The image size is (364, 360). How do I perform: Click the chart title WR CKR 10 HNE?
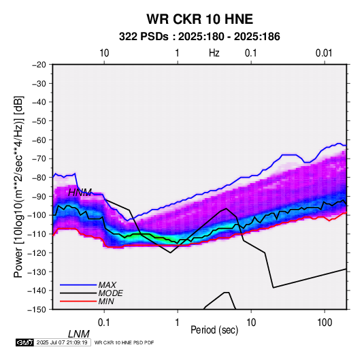pyautogui.click(x=199, y=19)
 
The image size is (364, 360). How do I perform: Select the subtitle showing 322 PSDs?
pyautogui.click(x=199, y=37)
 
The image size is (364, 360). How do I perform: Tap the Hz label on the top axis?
pyautogui.click(x=214, y=53)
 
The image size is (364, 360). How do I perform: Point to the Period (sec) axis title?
pyautogui.click(x=214, y=330)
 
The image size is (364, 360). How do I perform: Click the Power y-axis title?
pyautogui.click(x=18, y=186)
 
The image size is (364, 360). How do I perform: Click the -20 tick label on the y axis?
pyautogui.click(x=39, y=65)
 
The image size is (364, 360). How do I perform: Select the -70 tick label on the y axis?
pyautogui.click(x=39, y=159)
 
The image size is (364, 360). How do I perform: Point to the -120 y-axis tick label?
pyautogui.click(x=37, y=253)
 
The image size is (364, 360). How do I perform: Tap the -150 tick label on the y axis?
pyautogui.click(x=37, y=310)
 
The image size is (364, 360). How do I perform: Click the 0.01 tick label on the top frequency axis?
pyautogui.click(x=324, y=53)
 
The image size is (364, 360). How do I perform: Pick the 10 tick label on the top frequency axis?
pyautogui.click(x=104, y=53)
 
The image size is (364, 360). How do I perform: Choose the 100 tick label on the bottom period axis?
pyautogui.click(x=325, y=323)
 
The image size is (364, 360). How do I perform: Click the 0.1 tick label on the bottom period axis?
pyautogui.click(x=104, y=323)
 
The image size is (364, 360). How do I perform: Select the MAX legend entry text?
pyautogui.click(x=107, y=285)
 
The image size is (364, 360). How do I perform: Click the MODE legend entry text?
pyautogui.click(x=110, y=293)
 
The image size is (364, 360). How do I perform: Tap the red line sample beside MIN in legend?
pyautogui.click(x=78, y=301)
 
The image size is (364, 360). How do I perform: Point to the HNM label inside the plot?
pyautogui.click(x=80, y=193)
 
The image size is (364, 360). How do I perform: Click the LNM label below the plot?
pyautogui.click(x=78, y=334)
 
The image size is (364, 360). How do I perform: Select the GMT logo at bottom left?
pyautogui.click(x=25, y=342)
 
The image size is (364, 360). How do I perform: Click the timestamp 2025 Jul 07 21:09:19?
pyautogui.click(x=62, y=342)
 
